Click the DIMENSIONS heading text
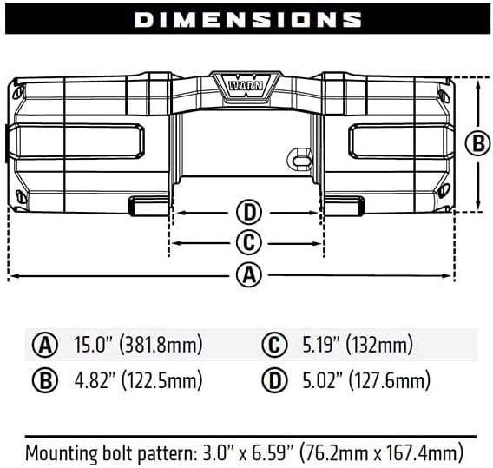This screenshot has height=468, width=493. coord(247,19)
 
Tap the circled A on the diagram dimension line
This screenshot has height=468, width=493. coord(248,275)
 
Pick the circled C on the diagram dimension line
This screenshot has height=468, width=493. coord(248,242)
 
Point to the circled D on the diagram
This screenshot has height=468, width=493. coord(248,211)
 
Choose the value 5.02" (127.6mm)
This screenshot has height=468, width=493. coord(365,380)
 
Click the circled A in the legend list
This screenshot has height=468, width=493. coord(44,345)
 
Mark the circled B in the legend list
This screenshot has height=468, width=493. coord(44,380)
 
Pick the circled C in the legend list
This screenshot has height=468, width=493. coord(274,345)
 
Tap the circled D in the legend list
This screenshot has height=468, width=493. coord(274,380)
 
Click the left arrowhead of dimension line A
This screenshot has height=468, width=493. coord(12,276)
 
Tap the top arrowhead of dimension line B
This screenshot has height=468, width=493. coord(478,81)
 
